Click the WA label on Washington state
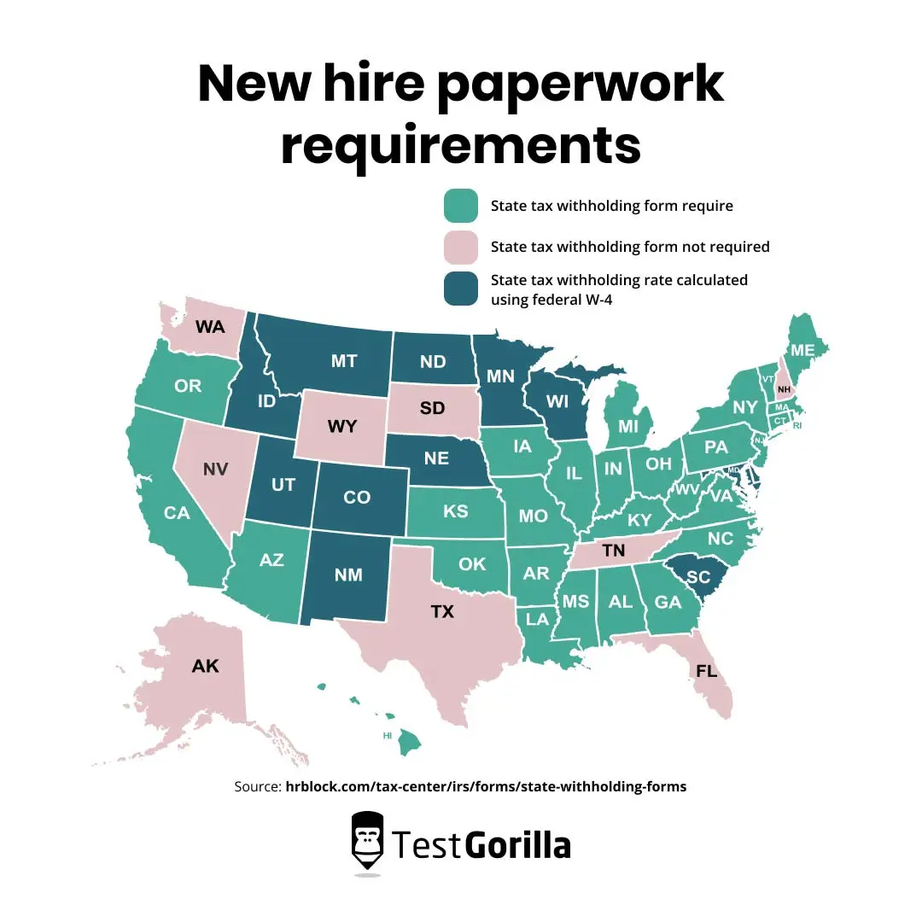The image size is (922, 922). coord(210,326)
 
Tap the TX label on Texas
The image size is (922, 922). coord(441,611)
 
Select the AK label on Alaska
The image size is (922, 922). coord(205,666)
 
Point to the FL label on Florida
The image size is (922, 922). coord(706,670)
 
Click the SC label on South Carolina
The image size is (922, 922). coord(698,577)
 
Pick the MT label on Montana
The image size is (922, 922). coord(344,362)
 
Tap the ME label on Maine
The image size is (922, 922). coord(802,350)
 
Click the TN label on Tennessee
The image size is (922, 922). coord(613,551)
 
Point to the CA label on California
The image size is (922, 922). coord(177,513)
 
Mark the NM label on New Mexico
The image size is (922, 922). coord(348,575)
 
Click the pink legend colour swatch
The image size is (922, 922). coord(461,247)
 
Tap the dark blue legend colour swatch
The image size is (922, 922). coord(461,289)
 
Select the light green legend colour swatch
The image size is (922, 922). coord(461,206)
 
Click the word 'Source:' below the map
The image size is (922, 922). coord(257,786)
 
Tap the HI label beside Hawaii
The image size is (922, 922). coord(387,734)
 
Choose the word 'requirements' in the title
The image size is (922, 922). coord(461,146)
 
